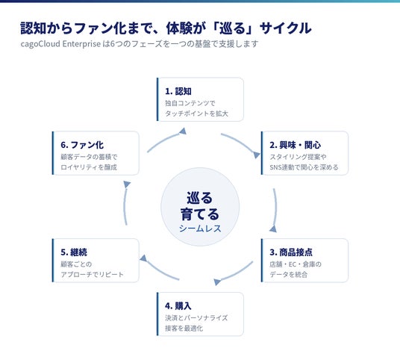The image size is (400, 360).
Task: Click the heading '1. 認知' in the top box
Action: tap(178, 91)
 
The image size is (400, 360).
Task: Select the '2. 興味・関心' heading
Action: tap(296, 145)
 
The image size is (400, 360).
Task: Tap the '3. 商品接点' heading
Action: tap(291, 252)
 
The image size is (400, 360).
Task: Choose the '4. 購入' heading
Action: tap(178, 306)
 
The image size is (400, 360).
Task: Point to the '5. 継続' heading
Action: tap(74, 252)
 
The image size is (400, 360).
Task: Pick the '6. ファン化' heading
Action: tap(82, 145)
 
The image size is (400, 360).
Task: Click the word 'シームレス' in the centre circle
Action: tap(200, 229)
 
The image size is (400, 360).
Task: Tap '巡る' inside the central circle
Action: tap(200, 198)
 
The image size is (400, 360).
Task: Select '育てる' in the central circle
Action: tap(200, 214)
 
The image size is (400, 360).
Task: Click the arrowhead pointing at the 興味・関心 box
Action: tap(256, 155)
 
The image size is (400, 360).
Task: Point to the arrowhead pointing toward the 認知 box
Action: tap(183, 131)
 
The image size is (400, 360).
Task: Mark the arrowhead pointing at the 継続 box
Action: tap(143, 258)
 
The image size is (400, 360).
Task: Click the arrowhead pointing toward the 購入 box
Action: tap(217, 282)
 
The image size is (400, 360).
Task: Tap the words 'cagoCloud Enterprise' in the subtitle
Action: tap(60, 44)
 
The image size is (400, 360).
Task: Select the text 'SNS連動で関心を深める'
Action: tap(304, 167)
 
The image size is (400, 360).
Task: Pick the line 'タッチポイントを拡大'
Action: tap(196, 114)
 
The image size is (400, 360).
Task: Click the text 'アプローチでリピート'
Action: tap(92, 274)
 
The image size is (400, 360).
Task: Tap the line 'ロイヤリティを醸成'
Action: tap(89, 167)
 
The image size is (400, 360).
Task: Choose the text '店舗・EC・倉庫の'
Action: tap(296, 264)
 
